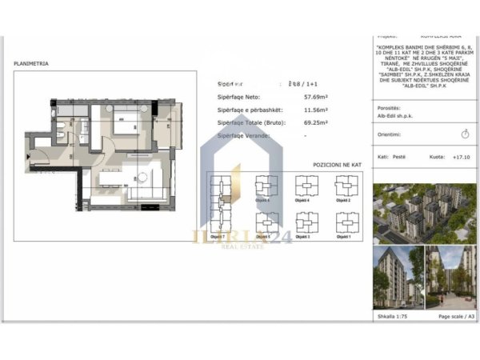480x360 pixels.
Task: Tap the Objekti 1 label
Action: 344,238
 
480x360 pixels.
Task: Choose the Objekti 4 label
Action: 305,201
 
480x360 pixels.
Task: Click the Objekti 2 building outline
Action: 344,186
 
